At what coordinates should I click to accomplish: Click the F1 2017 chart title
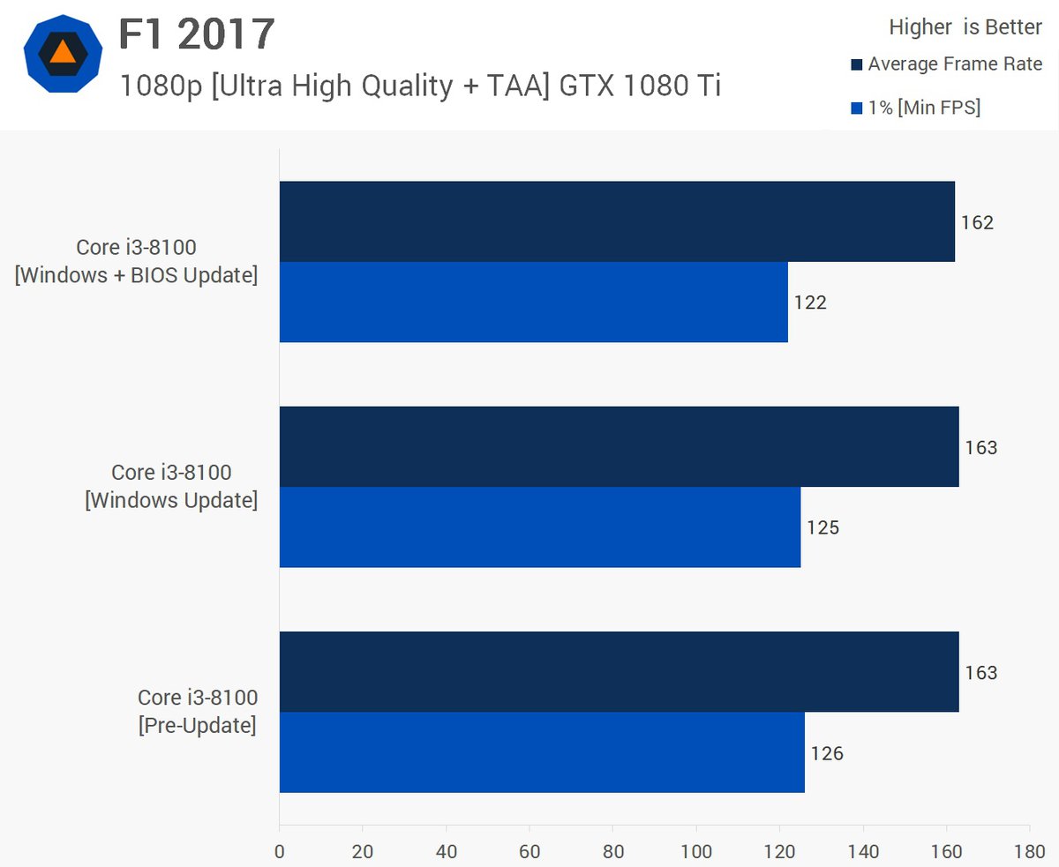[197, 35]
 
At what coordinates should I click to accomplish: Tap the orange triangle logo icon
[64, 53]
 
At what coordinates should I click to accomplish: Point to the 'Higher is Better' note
[965, 27]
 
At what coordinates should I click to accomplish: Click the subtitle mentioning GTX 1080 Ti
[420, 86]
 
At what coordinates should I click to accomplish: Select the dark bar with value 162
[617, 221]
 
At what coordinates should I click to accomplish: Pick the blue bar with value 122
[533, 302]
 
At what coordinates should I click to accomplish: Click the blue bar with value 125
[539, 527]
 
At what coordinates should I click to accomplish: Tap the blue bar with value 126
[542, 752]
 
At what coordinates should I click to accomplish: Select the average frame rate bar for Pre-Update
[619, 672]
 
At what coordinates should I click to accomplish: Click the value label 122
[810, 303]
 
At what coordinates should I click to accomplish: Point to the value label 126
[827, 753]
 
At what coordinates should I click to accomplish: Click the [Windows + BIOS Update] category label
[136, 262]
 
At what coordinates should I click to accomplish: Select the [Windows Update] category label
[171, 487]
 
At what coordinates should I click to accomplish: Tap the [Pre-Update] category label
[197, 713]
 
